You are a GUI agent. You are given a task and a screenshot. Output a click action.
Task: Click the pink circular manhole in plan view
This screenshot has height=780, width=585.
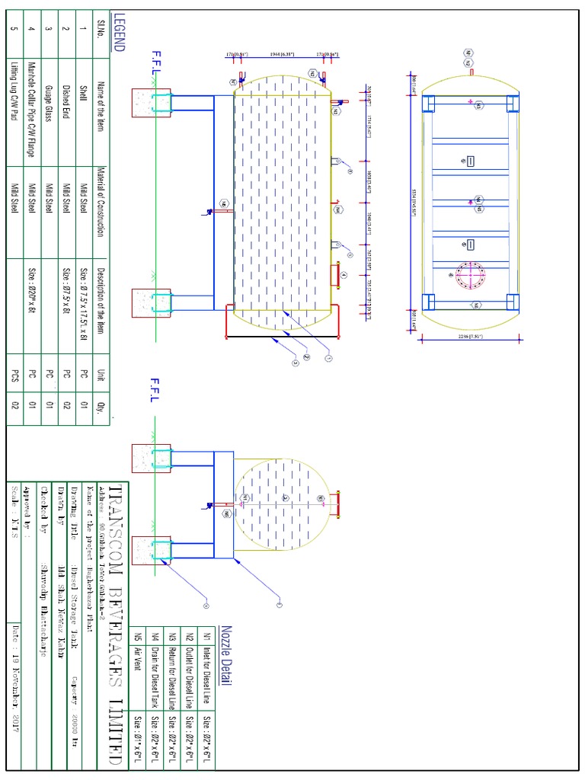pyautogui.click(x=470, y=275)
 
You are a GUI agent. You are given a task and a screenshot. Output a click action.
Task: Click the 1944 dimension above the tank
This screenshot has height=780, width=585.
pyautogui.click(x=283, y=55)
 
